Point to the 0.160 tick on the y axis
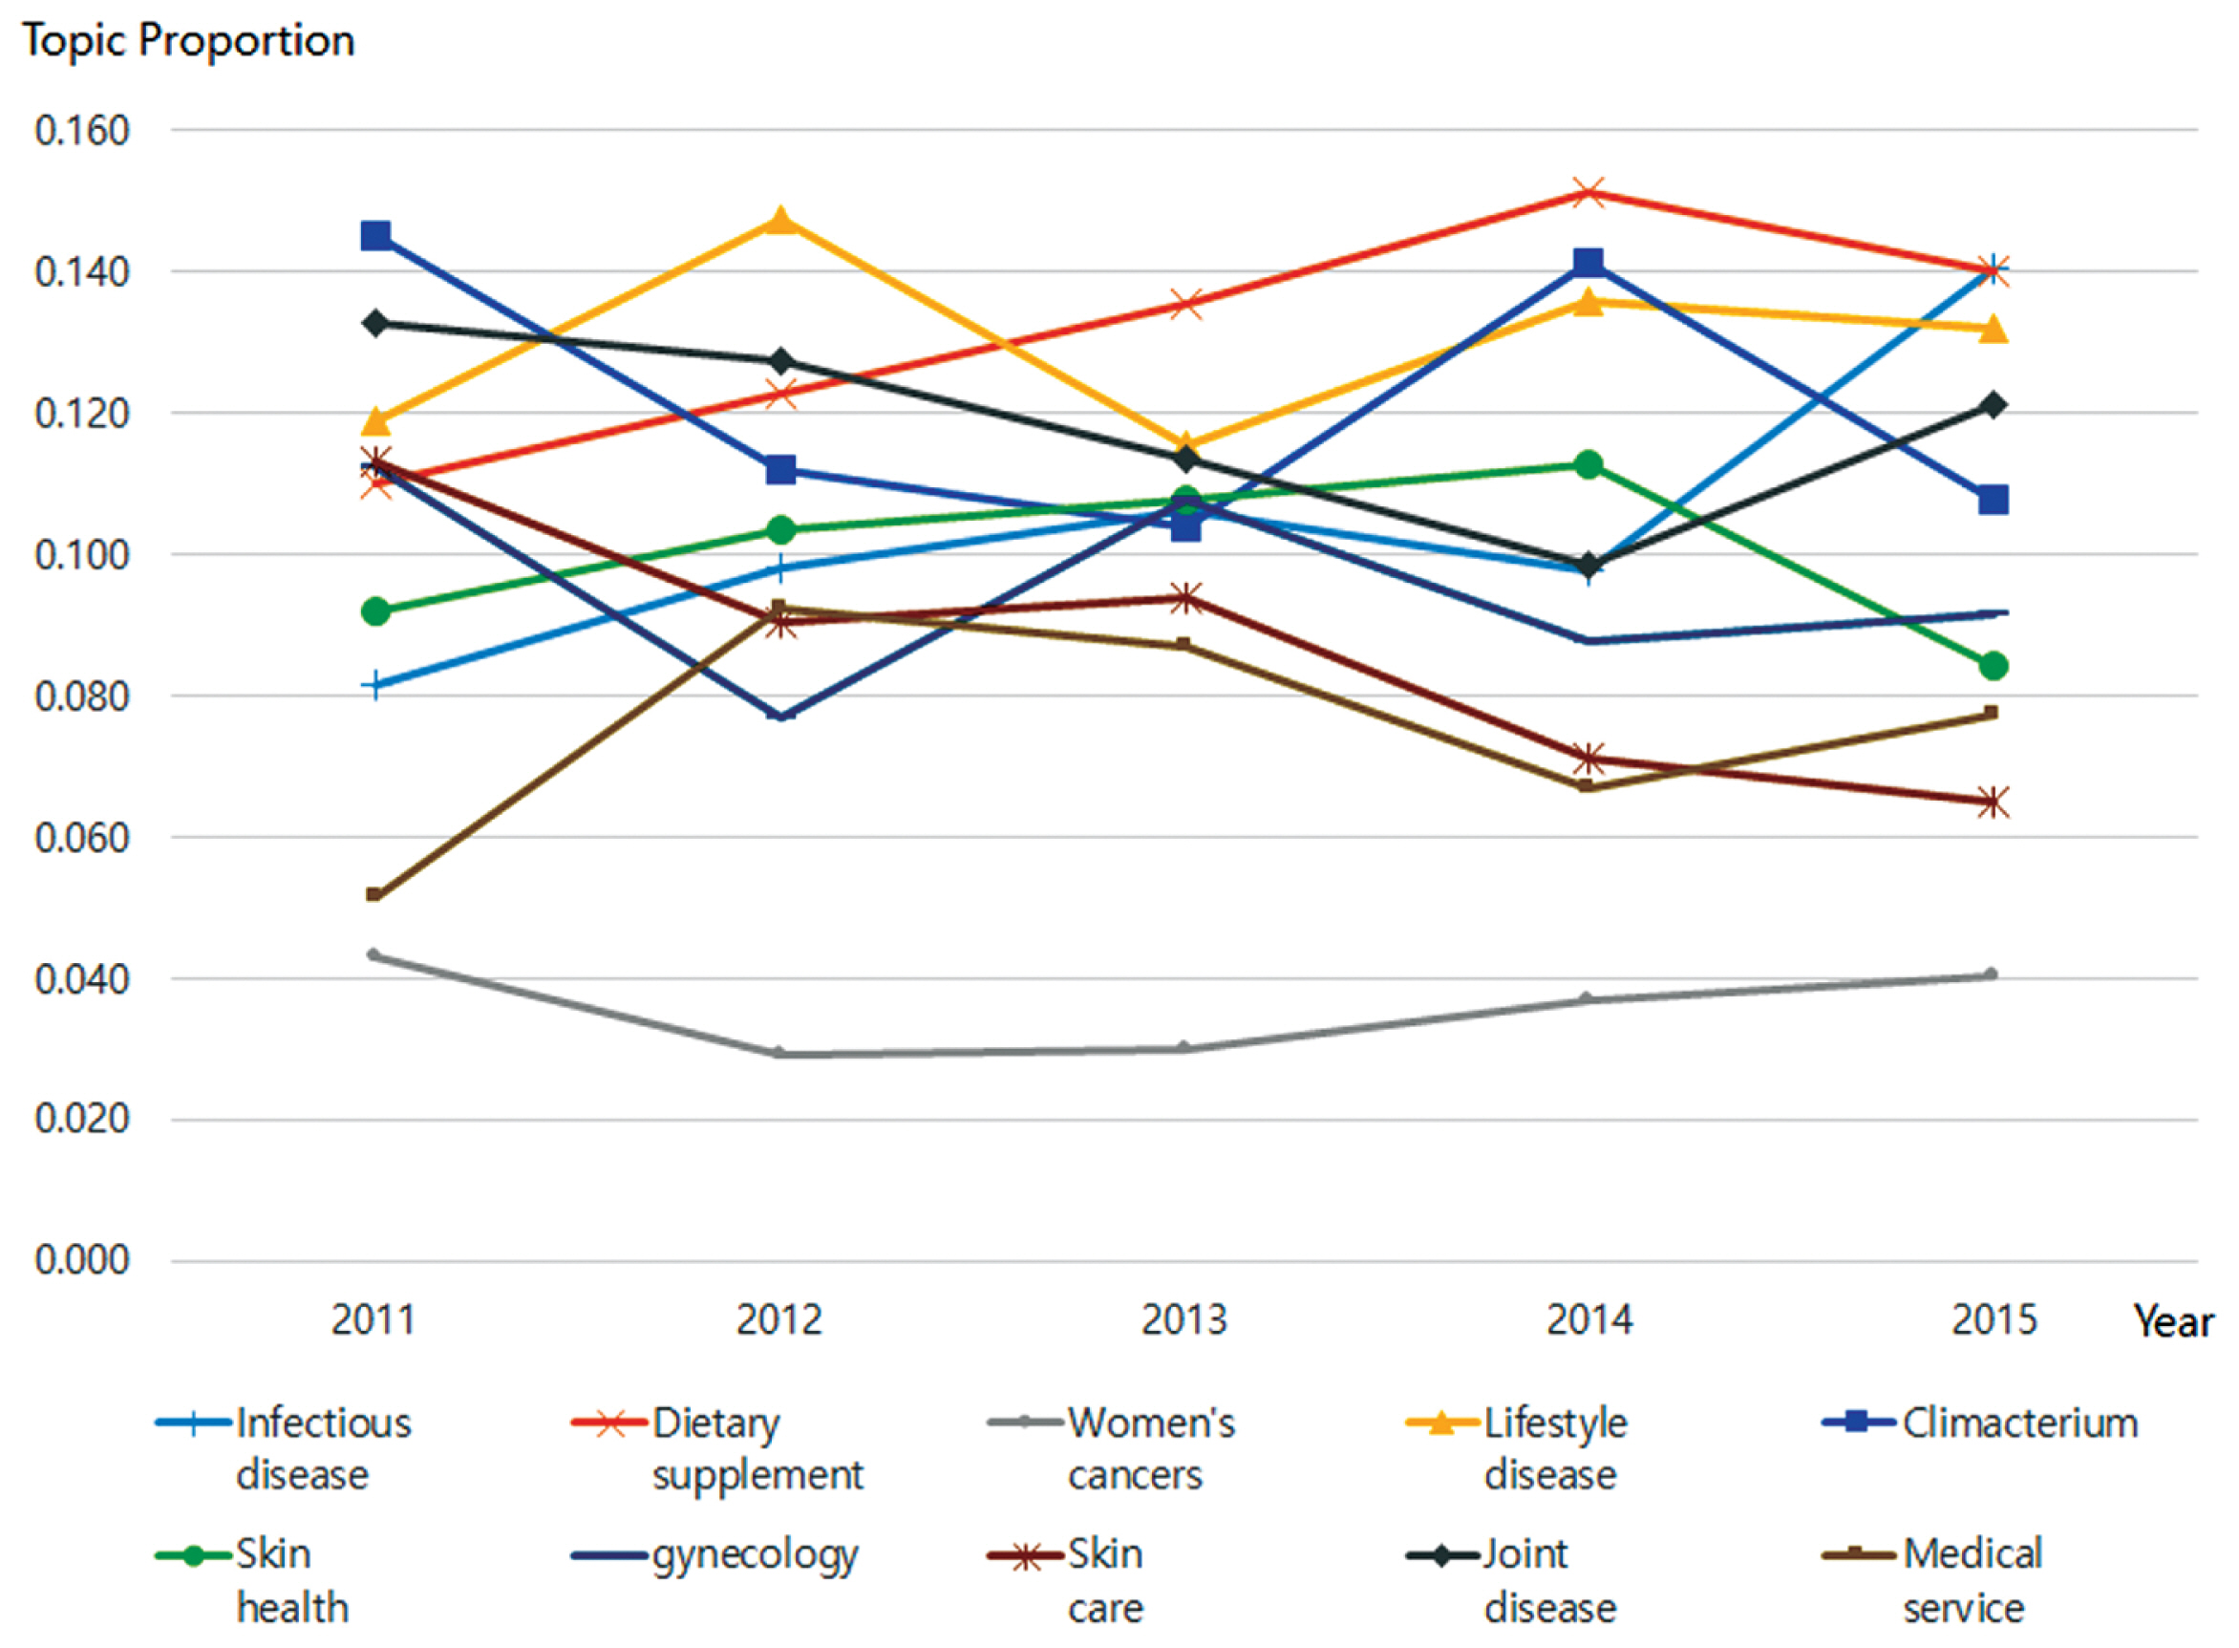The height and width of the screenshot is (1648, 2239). coord(82,131)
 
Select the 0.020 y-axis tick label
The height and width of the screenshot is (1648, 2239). coord(82,1120)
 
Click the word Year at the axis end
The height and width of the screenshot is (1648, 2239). coord(2173,1322)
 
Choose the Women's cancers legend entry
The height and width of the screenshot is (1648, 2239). coord(1112,1448)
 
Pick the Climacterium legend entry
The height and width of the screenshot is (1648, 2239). coord(1980,1423)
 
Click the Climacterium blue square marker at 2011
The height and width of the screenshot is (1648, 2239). coord(376,236)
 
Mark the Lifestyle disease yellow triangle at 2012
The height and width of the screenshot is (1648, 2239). coord(781,220)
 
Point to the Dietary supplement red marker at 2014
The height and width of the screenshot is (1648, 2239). coord(1589,193)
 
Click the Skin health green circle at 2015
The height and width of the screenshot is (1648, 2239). coord(1994,667)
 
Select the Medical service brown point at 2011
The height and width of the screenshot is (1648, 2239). coord(374,895)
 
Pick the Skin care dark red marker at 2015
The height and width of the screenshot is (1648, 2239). coord(1994,803)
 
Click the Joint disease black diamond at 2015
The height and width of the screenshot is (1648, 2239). coord(1994,405)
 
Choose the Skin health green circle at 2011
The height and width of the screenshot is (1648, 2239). coord(376,611)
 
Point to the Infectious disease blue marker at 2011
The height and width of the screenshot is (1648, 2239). coord(375,685)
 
